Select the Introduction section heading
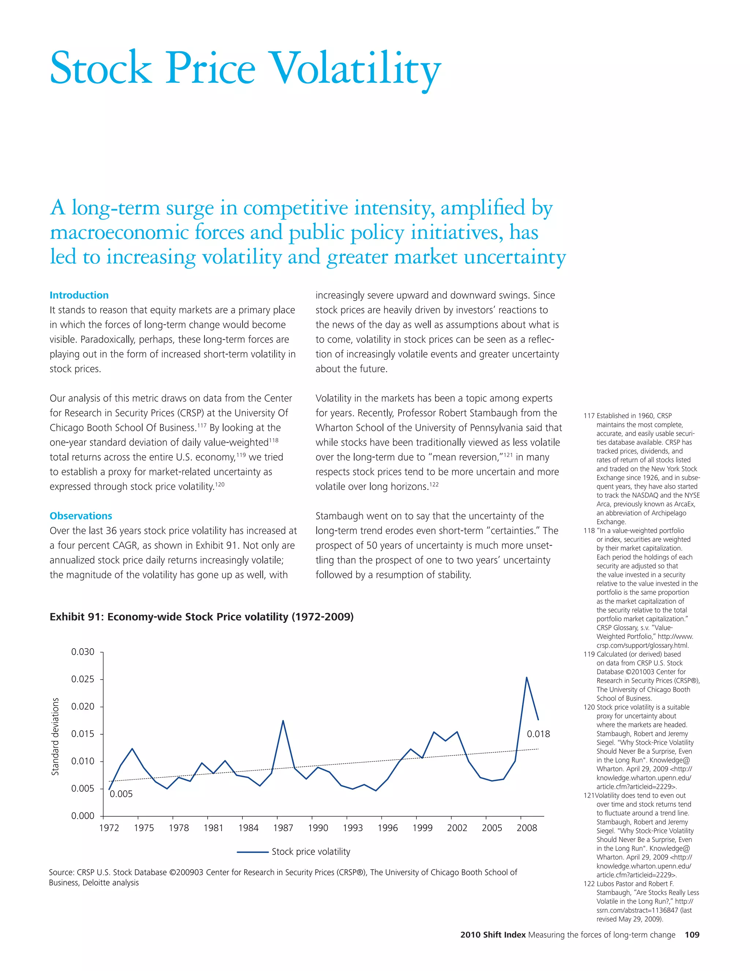click(x=79, y=295)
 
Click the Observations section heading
click(x=81, y=516)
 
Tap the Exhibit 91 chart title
click(x=201, y=617)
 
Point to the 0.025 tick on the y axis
click(x=83, y=679)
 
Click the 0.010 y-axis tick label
click(x=83, y=761)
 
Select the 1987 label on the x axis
click(x=283, y=828)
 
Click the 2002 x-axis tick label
click(x=457, y=828)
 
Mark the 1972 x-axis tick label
click(x=109, y=828)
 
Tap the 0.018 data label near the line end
click(x=538, y=734)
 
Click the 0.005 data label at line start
click(x=121, y=794)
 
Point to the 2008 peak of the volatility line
click(x=527, y=678)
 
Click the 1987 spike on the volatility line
click(x=283, y=721)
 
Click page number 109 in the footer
click(x=692, y=935)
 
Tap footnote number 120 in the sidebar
click(x=589, y=707)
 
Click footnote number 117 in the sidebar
click(x=589, y=416)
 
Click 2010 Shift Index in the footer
click(x=493, y=935)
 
